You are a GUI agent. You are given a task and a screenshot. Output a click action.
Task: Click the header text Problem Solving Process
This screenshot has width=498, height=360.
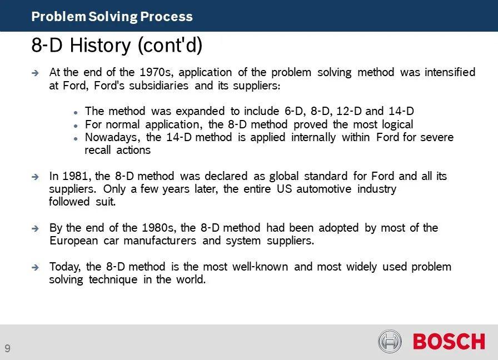pyautogui.click(x=112, y=17)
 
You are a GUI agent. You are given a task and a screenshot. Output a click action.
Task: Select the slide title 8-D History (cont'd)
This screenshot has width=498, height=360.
pyautogui.click(x=117, y=46)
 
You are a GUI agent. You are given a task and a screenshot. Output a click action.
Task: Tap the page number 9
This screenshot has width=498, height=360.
pyautogui.click(x=7, y=348)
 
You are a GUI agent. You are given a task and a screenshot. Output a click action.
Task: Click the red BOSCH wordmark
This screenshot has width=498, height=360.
pyautogui.click(x=449, y=341)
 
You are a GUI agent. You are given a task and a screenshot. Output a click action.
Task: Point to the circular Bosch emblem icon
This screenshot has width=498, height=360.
pyautogui.click(x=390, y=341)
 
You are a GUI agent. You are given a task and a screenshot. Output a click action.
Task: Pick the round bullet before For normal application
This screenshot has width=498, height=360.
pyautogui.click(x=75, y=125)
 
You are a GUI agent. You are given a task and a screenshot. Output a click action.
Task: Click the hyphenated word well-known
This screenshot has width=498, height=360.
pyautogui.click(x=262, y=267)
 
